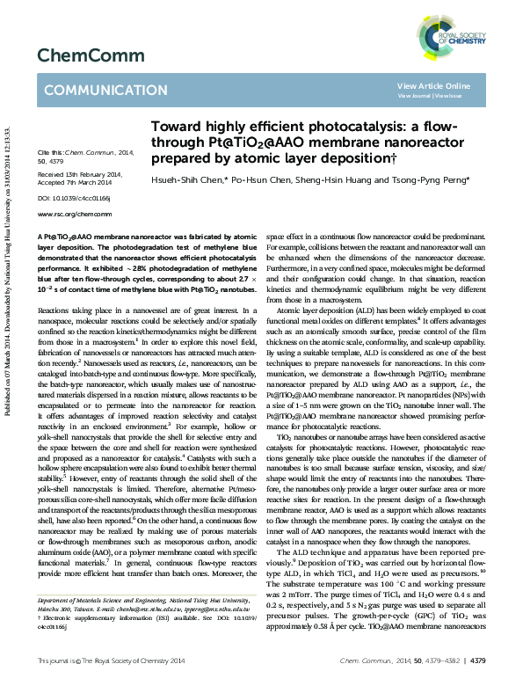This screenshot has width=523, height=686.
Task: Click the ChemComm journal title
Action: tap(77, 55)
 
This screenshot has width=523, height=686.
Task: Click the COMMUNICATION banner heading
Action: tap(93, 90)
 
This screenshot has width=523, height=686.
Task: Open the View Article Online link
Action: tap(433, 85)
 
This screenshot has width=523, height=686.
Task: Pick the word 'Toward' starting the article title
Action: tap(177, 127)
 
